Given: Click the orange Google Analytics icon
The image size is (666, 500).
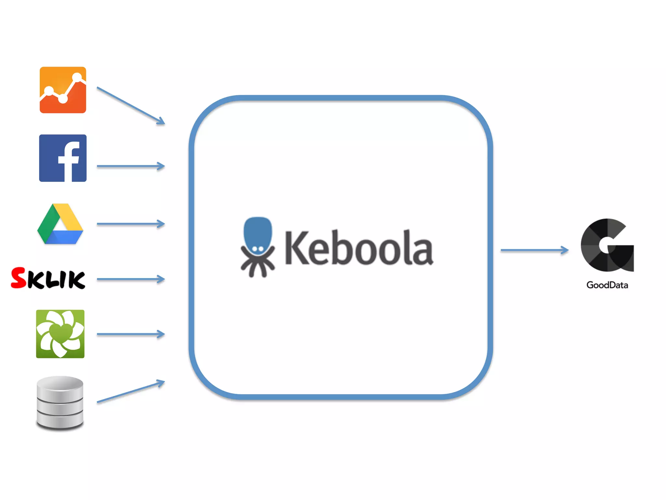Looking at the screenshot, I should point(63,90).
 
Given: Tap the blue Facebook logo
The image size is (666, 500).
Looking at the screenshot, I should point(63,158).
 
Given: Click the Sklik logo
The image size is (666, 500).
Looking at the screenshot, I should point(48,278).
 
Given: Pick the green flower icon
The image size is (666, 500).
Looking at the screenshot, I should point(60,334).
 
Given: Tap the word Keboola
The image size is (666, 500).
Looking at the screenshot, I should point(359,247).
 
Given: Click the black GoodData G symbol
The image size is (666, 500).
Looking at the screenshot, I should point(607,245).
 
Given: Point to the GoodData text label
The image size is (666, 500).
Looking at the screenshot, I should point(607,285).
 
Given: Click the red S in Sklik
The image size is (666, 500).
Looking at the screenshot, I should point(19,278).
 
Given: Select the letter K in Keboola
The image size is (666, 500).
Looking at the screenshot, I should point(296,247).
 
